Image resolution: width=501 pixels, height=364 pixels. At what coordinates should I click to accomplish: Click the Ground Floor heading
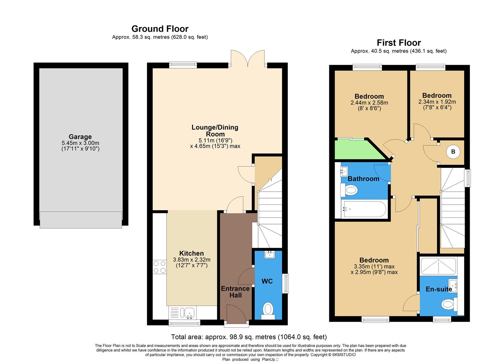160,29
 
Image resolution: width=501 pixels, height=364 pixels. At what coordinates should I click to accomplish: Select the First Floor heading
398,43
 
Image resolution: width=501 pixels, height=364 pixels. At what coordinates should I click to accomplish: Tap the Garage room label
80,136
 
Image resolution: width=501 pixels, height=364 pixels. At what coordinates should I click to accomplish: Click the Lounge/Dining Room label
215,130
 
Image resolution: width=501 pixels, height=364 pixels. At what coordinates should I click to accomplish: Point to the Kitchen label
191,253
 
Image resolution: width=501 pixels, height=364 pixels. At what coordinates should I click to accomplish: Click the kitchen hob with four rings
159,266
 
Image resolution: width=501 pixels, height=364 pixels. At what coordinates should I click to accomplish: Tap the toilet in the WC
268,309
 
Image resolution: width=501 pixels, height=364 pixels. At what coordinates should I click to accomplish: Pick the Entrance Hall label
235,292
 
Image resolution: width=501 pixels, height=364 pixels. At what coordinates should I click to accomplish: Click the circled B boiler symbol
453,152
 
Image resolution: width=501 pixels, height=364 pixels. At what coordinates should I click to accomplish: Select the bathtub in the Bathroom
363,209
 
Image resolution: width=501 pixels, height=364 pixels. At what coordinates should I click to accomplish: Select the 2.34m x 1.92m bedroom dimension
437,102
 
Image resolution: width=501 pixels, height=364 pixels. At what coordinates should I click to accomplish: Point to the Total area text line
249,337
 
